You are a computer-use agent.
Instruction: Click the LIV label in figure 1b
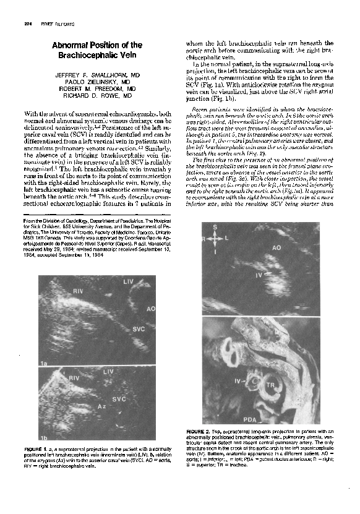tap(108, 372)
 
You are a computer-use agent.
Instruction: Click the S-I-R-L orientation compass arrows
tap(215, 237)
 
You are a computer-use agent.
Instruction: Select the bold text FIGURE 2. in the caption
tap(199, 430)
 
